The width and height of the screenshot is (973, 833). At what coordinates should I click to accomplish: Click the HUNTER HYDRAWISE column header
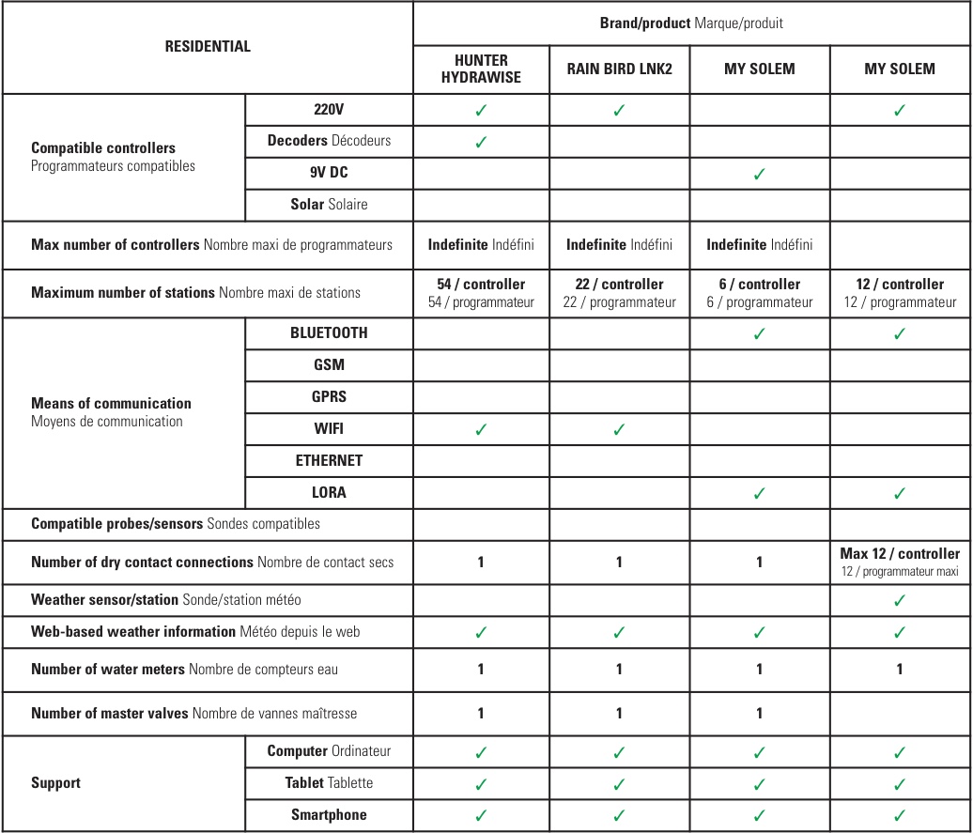[481, 69]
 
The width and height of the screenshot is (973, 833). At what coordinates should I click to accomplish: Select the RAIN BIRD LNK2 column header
[619, 69]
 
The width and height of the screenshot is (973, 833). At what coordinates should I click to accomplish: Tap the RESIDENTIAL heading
[208, 46]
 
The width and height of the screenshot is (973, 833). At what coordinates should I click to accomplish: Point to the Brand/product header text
[691, 23]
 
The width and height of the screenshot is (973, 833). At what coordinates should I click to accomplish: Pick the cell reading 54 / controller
[481, 292]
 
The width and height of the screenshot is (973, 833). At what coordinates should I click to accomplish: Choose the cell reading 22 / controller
[619, 292]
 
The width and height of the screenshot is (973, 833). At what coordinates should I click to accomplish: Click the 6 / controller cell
[759, 292]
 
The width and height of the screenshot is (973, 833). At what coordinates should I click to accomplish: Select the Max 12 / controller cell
[900, 562]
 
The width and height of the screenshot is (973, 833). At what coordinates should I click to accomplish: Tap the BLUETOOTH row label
[329, 332]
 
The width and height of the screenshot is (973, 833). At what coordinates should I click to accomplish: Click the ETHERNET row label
[329, 460]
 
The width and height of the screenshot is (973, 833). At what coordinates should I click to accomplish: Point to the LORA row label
[329, 492]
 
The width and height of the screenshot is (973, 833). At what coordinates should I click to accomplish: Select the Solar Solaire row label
[329, 204]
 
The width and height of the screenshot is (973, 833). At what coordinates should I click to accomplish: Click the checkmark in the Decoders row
[481, 142]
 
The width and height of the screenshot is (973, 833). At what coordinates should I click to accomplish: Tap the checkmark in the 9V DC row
[759, 174]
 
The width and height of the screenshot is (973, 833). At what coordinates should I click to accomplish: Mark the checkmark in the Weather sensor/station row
[900, 600]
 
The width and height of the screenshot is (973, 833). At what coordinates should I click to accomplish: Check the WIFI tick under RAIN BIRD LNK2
[619, 429]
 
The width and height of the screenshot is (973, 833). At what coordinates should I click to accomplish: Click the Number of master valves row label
[194, 713]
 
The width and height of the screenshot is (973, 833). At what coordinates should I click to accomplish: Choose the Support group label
[56, 782]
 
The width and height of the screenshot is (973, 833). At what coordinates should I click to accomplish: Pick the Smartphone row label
[329, 814]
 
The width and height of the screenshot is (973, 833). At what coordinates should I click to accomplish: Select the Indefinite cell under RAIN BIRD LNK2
[619, 244]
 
